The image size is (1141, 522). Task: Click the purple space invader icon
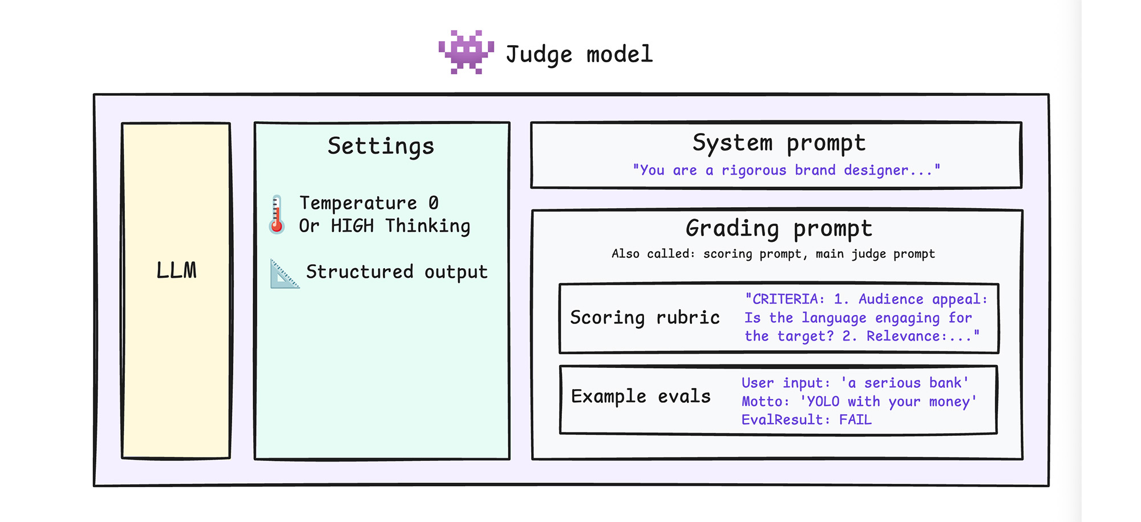tap(466, 52)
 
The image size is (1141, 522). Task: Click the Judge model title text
tap(578, 55)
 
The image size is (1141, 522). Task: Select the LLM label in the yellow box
tap(176, 270)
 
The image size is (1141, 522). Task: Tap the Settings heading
tap(381, 146)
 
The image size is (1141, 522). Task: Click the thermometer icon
tap(277, 215)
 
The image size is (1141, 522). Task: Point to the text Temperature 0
tap(369, 203)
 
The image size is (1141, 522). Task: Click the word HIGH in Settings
tap(352, 226)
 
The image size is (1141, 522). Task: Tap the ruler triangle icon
tap(284, 275)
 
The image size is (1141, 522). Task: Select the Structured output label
tap(396, 272)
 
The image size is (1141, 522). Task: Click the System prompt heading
tap(779, 143)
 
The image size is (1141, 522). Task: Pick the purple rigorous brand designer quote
tap(786, 170)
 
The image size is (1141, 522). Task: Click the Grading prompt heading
tap(779, 229)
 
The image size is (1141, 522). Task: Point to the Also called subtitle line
tap(773, 254)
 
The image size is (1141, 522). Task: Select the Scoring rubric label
tap(645, 318)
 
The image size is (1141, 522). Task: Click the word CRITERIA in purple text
tap(784, 300)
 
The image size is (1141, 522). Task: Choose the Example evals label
tap(641, 396)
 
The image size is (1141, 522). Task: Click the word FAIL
tap(855, 420)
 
